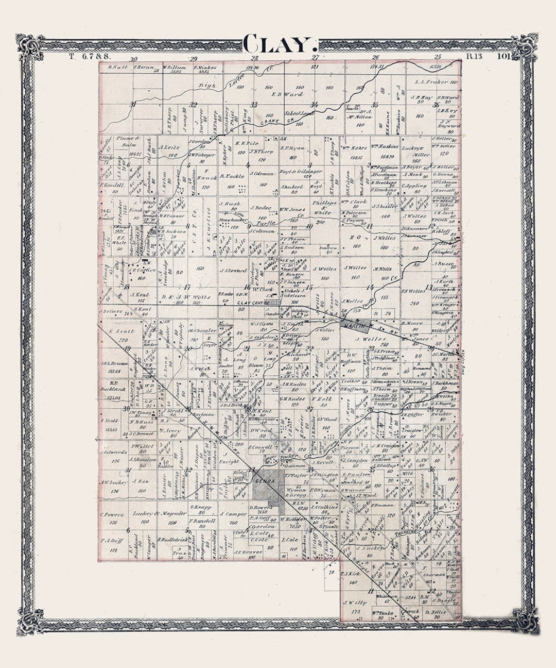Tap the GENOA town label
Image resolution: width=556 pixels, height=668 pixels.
[x=262, y=481]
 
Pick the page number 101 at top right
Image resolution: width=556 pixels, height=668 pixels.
[x=504, y=56]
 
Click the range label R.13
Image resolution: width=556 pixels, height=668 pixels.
[x=474, y=56]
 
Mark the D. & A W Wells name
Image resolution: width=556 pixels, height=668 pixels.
[x=179, y=297]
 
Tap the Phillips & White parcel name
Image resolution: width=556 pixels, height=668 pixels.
[x=324, y=207]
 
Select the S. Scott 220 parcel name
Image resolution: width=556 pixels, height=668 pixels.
[x=121, y=331]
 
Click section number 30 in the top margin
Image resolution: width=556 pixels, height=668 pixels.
[x=134, y=59]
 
